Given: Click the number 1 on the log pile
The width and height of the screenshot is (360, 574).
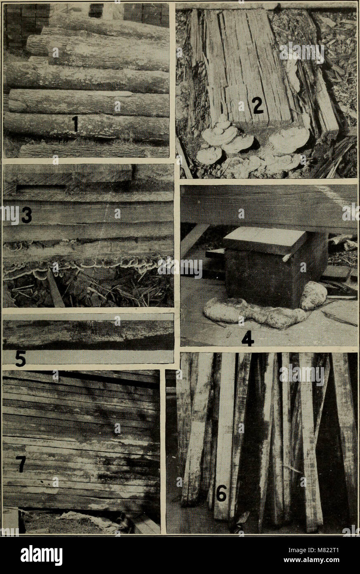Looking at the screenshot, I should click(75, 124).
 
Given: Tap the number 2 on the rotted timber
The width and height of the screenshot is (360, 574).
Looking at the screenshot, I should click(258, 106).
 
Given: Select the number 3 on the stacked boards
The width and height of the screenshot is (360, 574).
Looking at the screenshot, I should click(26, 215).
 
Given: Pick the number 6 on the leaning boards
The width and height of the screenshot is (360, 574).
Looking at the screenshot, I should click(222, 493).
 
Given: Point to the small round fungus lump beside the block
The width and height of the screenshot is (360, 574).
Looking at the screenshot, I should click(313, 296).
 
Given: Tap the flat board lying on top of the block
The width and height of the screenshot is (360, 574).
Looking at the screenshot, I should click(264, 240).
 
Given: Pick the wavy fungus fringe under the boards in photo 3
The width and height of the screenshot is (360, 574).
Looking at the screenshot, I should click(83, 266).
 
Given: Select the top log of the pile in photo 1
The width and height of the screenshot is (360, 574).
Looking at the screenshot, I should click(107, 27).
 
